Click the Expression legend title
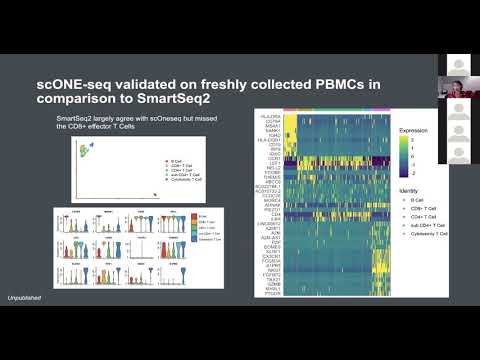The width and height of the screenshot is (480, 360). (413, 131)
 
